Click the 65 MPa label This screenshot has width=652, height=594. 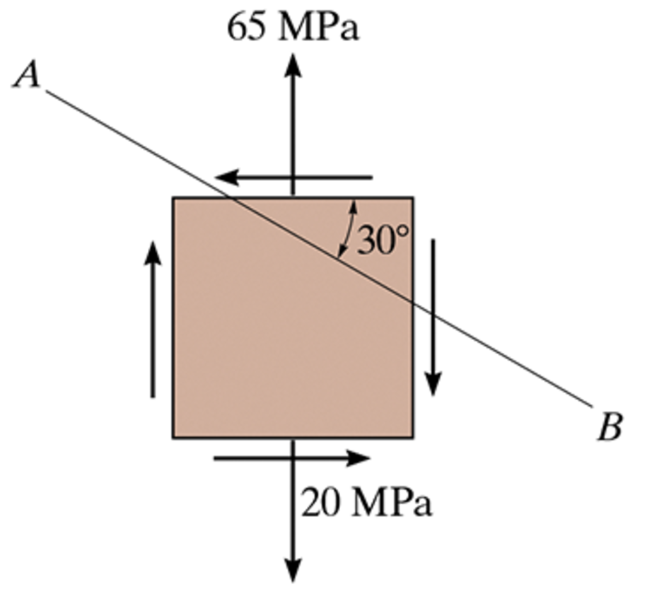click(x=292, y=28)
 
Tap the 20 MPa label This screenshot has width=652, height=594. click(x=366, y=504)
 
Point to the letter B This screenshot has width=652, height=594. click(x=609, y=429)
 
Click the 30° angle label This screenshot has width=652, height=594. click(x=383, y=240)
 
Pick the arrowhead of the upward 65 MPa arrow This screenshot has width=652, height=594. click(x=293, y=65)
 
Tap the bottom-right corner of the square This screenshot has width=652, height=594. click(x=413, y=437)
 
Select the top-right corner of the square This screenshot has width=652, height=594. click(x=413, y=198)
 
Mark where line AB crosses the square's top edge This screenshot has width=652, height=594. click(x=231, y=198)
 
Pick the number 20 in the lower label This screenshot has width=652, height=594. click(x=322, y=504)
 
